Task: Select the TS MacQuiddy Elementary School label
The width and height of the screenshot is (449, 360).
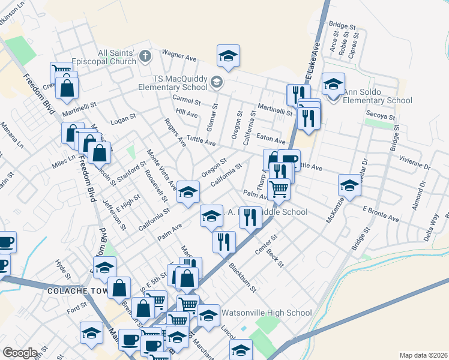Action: pos(180,83)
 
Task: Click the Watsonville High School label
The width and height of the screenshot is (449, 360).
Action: pos(267,313)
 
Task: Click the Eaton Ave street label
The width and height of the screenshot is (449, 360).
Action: pos(270,137)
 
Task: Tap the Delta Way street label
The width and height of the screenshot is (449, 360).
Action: pos(432,229)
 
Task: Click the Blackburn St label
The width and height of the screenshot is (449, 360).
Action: pos(245,279)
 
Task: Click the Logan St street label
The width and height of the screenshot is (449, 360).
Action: pos(125,119)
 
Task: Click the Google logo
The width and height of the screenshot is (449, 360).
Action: pos(20,353)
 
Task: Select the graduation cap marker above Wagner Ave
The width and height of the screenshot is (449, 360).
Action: pos(228,56)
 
